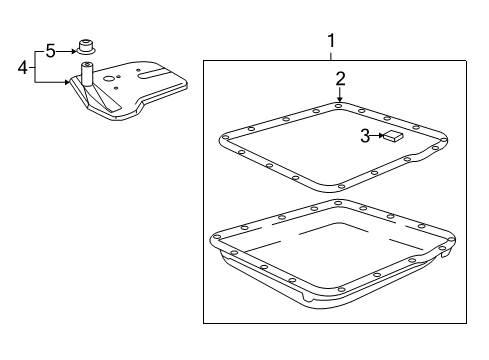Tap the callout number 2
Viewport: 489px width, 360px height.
tap(340, 78)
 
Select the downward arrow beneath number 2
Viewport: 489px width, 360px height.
tap(340, 96)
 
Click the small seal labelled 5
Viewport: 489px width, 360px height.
tap(87, 46)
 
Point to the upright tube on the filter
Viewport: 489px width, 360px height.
tap(87, 74)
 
